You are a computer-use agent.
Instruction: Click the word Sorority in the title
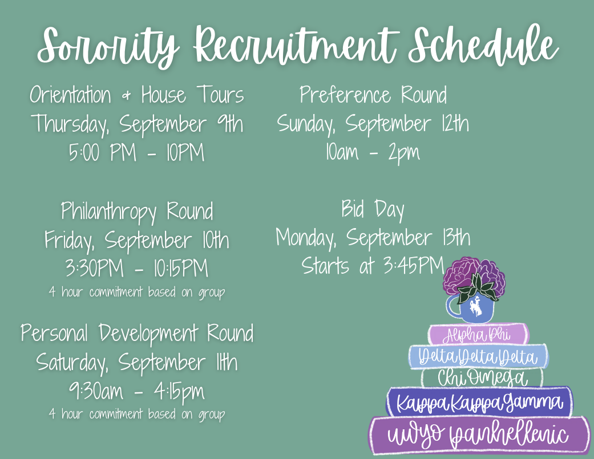coord(108,46)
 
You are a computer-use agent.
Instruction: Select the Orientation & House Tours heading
coord(137,95)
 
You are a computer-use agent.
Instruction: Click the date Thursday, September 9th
coord(137,124)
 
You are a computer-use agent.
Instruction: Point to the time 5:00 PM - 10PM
coord(137,152)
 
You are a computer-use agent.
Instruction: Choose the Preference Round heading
coord(373,95)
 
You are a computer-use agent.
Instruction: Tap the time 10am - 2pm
coord(373,152)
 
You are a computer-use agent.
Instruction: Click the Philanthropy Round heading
coord(137,212)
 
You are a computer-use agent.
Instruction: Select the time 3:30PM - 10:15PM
coord(137,269)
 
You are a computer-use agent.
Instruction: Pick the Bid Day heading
coord(373,209)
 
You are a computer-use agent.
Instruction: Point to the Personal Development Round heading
coord(137,334)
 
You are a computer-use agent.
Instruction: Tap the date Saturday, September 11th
coord(137,363)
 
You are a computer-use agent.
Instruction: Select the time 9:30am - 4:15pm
coord(137,392)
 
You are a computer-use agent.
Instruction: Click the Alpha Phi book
coord(478,335)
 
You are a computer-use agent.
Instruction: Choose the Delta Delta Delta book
coord(478,357)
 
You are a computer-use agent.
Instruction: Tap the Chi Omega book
coord(482,378)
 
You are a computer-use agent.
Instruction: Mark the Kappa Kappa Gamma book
coord(479,402)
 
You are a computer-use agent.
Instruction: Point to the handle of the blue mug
coord(452,307)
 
